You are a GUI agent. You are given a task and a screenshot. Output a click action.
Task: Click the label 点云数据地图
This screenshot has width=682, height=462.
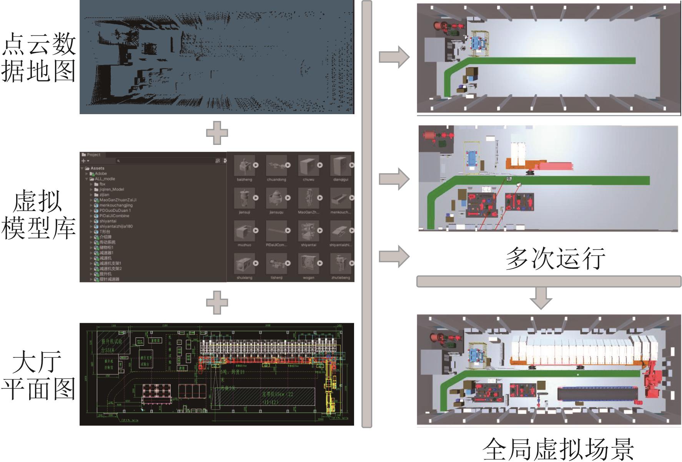coord(38,58)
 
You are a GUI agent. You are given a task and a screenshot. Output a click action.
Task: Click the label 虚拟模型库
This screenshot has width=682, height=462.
coord(38,215)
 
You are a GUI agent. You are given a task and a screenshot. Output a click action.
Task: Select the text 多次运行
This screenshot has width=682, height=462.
coord(555,258)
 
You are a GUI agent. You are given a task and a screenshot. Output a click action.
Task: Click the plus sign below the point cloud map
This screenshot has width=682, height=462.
coord(217,133)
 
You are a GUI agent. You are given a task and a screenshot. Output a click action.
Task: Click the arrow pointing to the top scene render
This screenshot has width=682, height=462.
coord(394,57)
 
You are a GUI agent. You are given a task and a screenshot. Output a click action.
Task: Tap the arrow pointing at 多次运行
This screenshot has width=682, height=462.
coord(394,256)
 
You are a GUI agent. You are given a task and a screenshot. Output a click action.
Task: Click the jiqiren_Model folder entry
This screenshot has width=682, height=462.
coord(111,189)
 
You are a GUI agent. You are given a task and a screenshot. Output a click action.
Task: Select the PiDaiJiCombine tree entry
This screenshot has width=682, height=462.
coord(114,216)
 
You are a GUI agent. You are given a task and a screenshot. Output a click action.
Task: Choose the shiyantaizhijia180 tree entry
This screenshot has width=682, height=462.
coord(116,226)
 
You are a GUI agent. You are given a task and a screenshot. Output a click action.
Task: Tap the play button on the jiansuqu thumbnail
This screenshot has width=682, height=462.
coord(288,198)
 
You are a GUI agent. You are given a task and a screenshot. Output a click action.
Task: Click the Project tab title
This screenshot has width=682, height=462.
coord(93,155)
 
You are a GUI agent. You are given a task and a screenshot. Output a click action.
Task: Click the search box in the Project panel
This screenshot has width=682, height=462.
coord(165,161)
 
